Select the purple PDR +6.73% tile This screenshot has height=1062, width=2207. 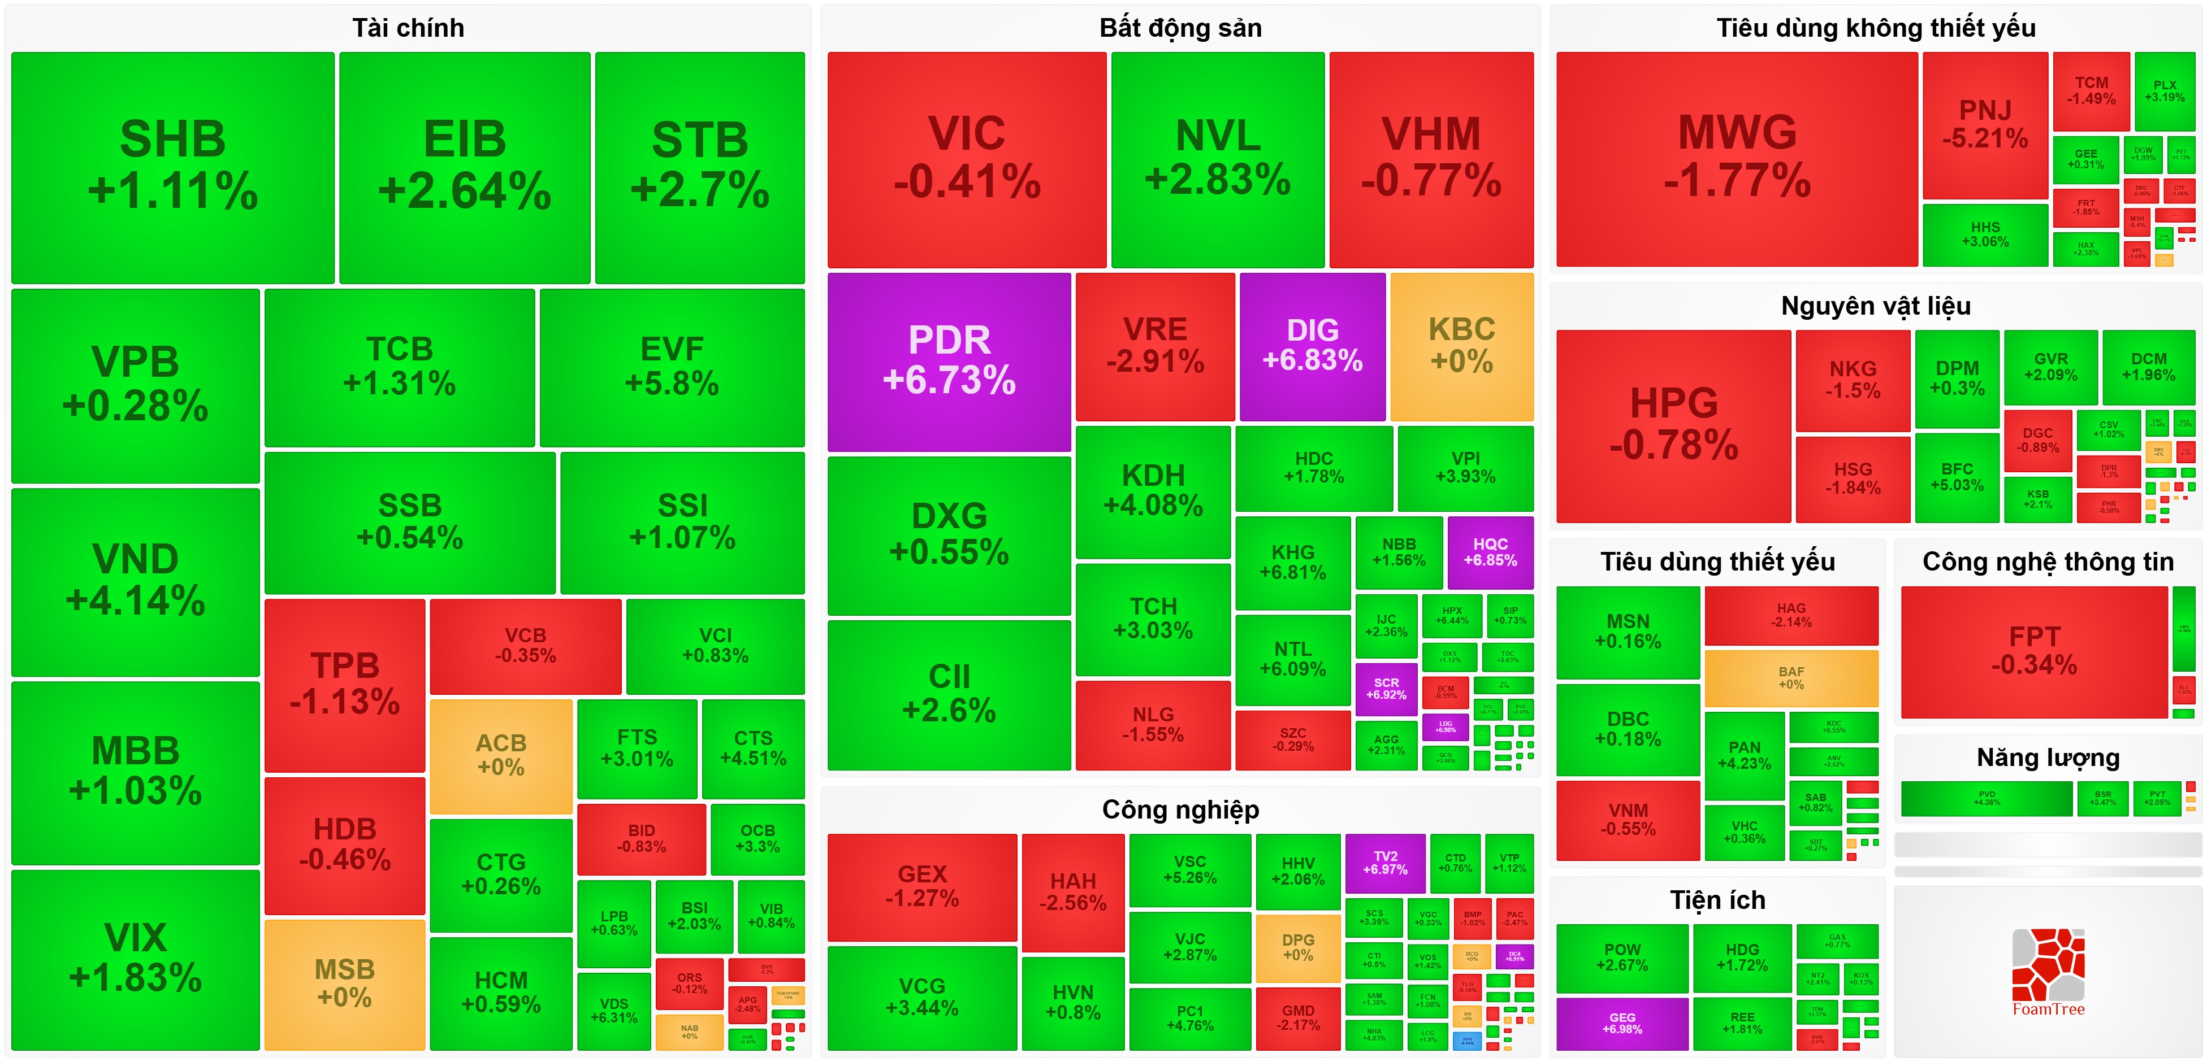[949, 360]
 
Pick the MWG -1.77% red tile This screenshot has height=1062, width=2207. [1737, 158]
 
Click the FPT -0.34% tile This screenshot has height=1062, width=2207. [2034, 651]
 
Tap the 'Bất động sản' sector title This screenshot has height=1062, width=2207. [1180, 28]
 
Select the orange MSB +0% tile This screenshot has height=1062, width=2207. [344, 983]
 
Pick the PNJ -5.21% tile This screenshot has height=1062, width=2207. [1984, 124]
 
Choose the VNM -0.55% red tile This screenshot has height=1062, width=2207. [1628, 820]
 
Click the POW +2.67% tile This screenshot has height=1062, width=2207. [1622, 957]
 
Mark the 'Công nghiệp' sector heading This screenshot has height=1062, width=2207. [1180, 809]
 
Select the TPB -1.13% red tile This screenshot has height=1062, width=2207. [344, 684]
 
